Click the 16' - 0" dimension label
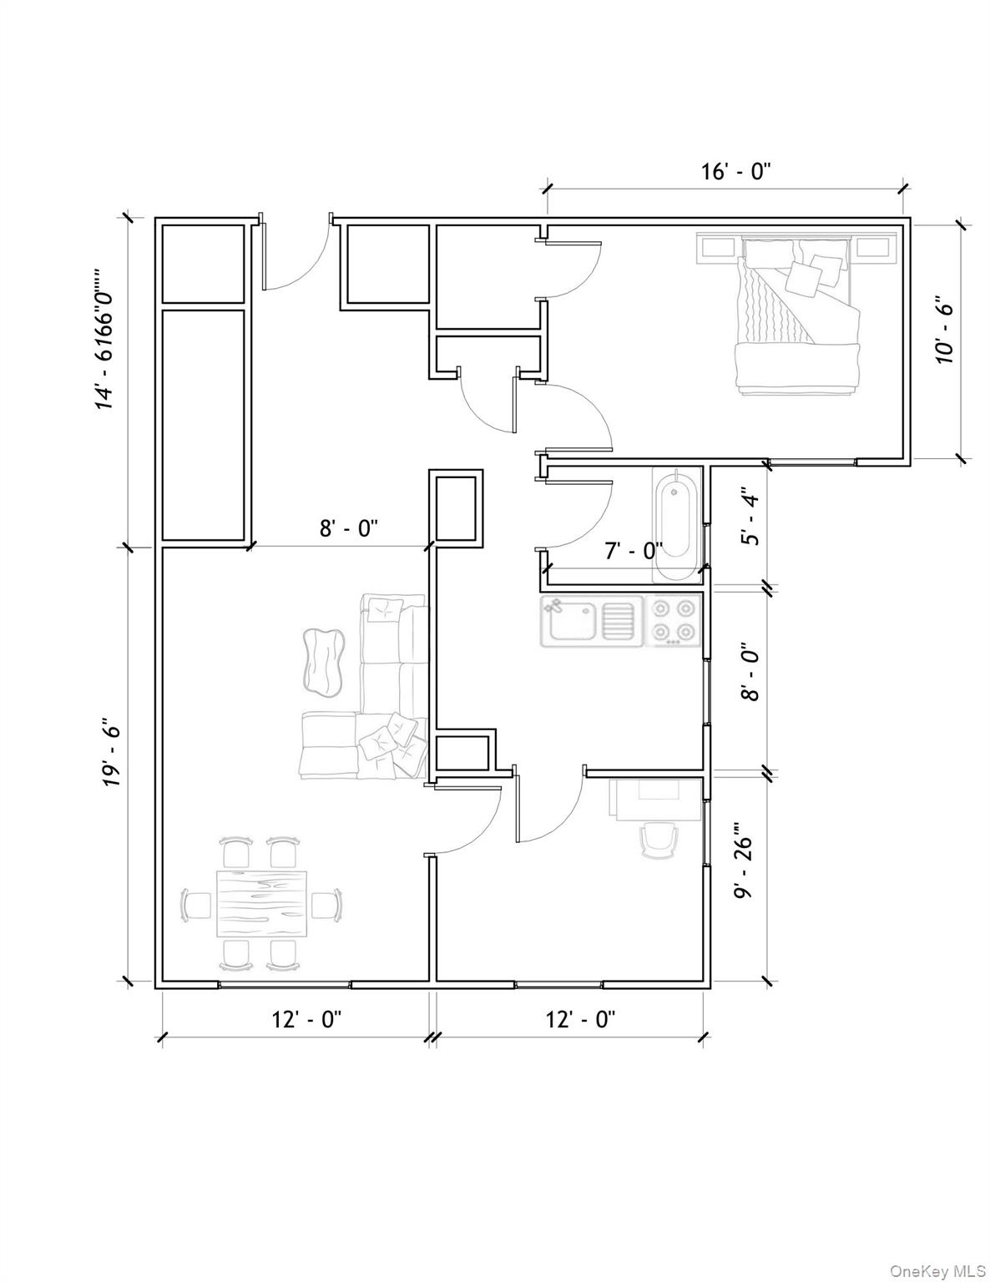735,172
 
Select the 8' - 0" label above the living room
349,527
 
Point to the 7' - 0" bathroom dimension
634,550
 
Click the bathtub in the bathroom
676,525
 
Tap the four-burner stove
674,620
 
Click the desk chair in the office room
658,839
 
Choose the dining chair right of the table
326,905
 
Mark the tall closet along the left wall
203,425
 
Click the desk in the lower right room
656,797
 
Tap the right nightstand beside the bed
873,247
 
